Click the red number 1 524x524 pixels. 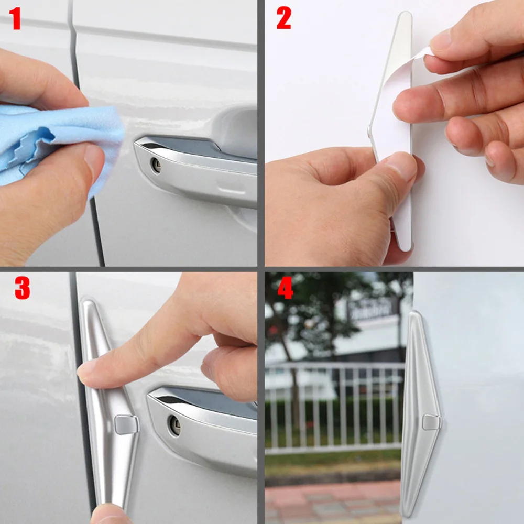pyautogui.click(x=15, y=19)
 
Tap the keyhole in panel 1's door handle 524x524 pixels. pyautogui.click(x=156, y=165)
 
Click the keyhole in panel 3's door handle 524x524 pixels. pyautogui.click(x=174, y=425)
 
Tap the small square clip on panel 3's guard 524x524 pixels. pyautogui.click(x=126, y=425)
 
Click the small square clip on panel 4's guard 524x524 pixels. pyautogui.click(x=431, y=422)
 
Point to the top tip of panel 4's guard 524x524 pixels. pyautogui.click(x=415, y=312)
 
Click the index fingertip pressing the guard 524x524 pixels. pyautogui.click(x=85, y=373)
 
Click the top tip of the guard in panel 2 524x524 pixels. pyautogui.click(x=406, y=14)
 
